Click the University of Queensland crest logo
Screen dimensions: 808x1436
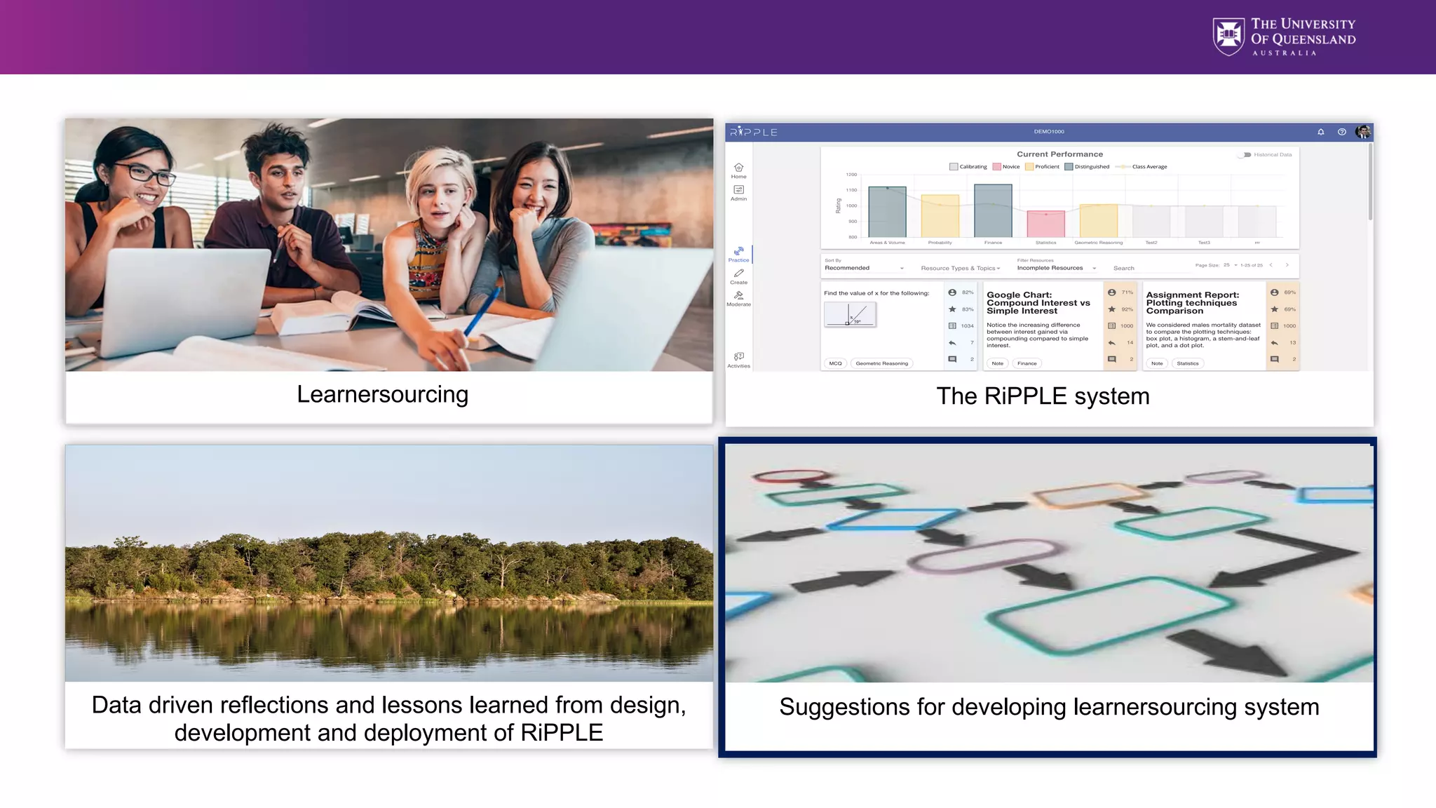click(1228, 36)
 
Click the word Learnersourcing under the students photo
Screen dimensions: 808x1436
click(382, 395)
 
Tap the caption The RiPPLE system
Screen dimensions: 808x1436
click(1043, 396)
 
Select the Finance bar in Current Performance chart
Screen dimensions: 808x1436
click(993, 210)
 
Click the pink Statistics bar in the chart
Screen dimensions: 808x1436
click(1045, 224)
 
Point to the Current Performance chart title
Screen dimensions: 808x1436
click(1059, 154)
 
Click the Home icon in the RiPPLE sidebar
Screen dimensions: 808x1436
click(738, 169)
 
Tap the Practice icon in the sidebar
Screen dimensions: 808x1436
click(738, 253)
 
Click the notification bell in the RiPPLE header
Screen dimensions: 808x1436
click(1321, 132)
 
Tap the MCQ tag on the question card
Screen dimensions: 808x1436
click(835, 363)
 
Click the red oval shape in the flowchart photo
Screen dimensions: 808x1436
click(790, 476)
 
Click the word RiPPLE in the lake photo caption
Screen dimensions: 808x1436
click(561, 733)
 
